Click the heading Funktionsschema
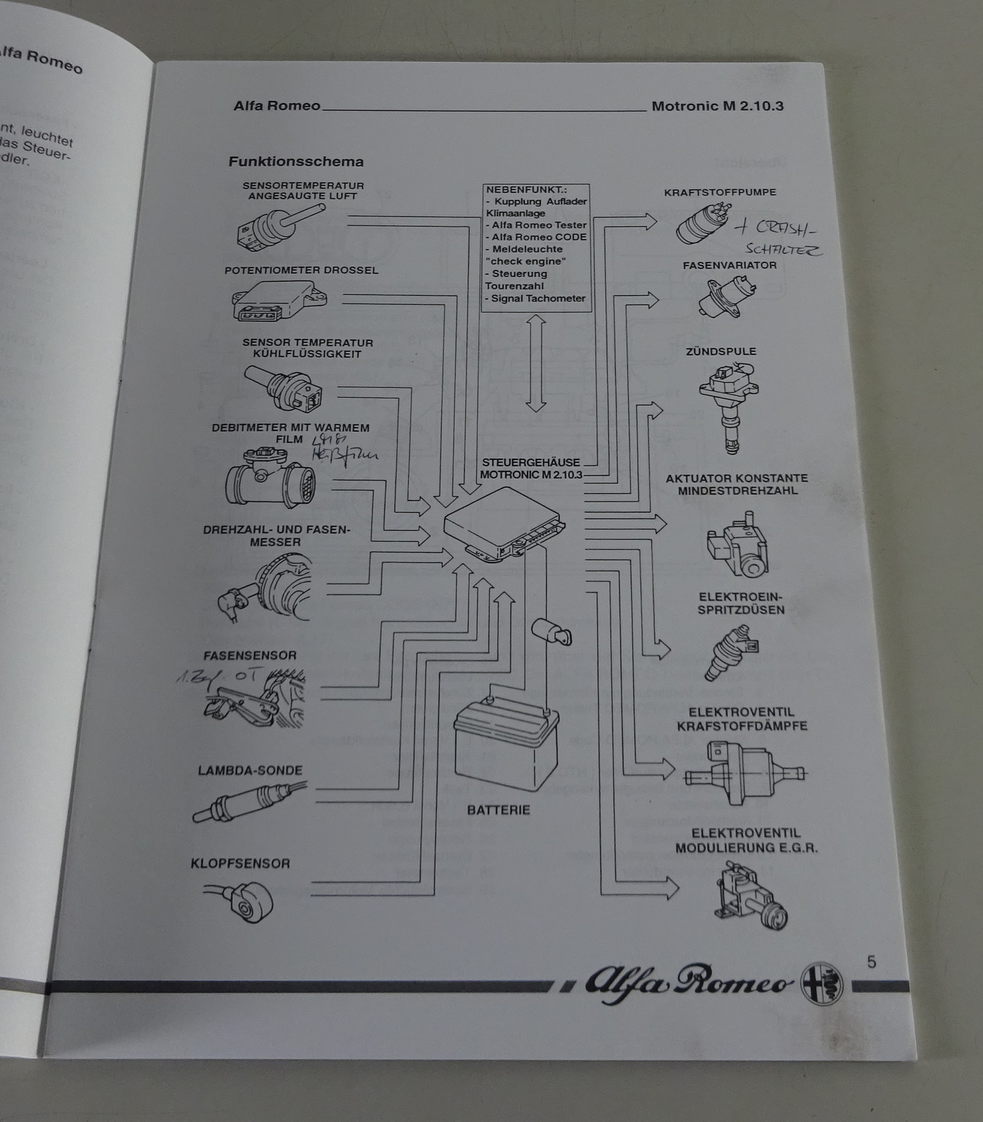click(295, 161)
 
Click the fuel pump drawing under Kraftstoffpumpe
click(703, 223)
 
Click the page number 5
click(871, 961)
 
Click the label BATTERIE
click(498, 810)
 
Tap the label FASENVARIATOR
click(729, 265)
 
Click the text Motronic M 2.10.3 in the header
click(717, 107)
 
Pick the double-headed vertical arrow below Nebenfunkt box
click(536, 363)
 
